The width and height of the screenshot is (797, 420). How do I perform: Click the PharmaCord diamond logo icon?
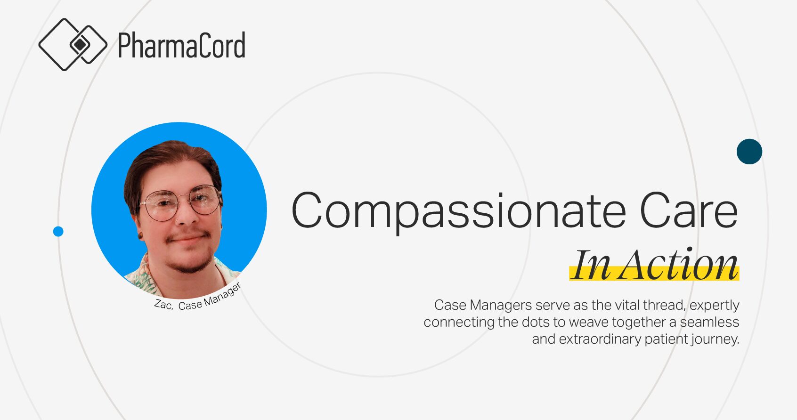point(73,44)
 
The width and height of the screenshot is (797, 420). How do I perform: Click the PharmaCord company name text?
point(181,45)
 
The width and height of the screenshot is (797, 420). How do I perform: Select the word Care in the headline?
point(689,210)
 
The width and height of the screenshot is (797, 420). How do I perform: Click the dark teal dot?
point(749,152)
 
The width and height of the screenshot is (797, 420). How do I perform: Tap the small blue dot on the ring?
point(58,232)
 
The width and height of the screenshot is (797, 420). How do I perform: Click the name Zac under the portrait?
point(163,305)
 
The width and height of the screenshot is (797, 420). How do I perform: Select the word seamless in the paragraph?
point(709,322)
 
